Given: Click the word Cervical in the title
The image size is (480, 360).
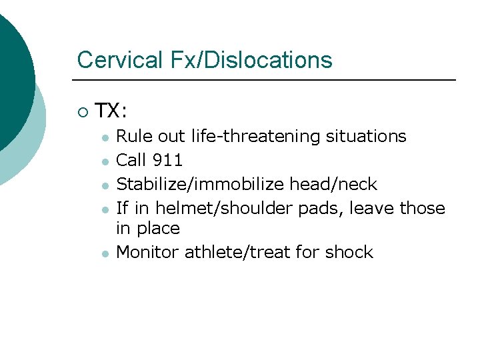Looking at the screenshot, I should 117,60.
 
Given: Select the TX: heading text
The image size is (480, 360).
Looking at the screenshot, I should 111,110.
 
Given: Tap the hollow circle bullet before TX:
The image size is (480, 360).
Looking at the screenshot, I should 82,111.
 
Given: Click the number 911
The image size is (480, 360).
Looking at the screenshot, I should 168,160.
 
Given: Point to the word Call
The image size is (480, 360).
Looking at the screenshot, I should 132,160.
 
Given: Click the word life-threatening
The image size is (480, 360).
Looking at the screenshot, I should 256,137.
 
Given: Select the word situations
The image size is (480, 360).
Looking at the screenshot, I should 366,137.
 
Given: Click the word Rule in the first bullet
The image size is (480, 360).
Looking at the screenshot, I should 133,137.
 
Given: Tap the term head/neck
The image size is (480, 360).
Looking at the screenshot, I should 333,184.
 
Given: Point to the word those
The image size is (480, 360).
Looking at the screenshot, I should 422,208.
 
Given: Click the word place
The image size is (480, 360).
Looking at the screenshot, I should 159,229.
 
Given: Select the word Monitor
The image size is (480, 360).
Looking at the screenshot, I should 148,252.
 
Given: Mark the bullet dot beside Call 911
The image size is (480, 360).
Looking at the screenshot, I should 105,161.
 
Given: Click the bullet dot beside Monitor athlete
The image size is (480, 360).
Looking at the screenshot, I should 105,253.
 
